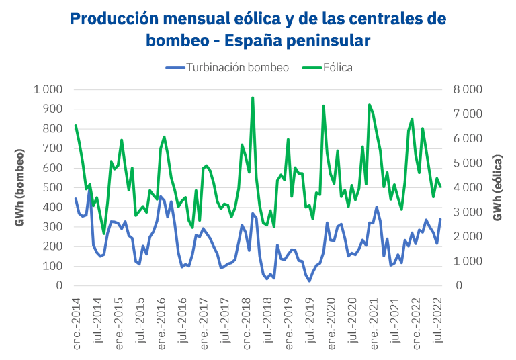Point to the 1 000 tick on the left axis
pos(46,89)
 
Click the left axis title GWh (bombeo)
pos(20,187)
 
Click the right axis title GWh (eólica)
pos(498,187)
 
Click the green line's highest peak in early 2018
pos(253,97)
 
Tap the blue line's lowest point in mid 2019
pos(309,281)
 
